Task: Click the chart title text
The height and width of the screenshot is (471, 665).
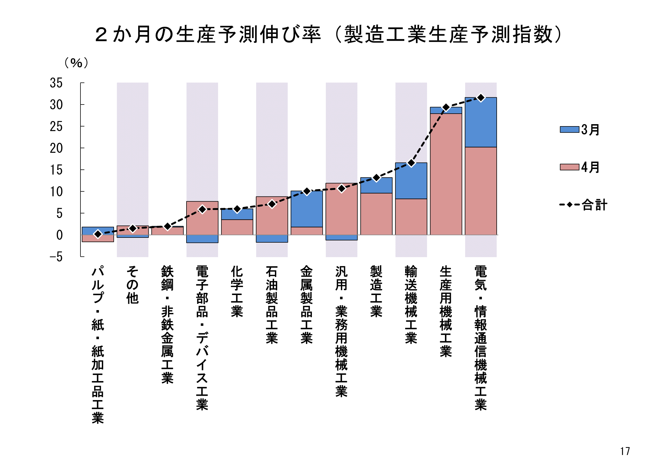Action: pyautogui.click(x=328, y=34)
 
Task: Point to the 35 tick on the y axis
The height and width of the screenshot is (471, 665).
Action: pyautogui.click(x=56, y=83)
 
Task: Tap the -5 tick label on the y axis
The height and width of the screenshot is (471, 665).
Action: pyautogui.click(x=56, y=257)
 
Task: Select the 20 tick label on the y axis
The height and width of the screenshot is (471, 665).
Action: pyautogui.click(x=56, y=148)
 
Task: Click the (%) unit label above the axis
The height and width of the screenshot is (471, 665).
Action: pyautogui.click(x=76, y=63)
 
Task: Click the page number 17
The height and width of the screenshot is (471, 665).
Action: pyautogui.click(x=625, y=451)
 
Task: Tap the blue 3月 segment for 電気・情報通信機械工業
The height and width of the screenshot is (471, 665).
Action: pyautogui.click(x=481, y=122)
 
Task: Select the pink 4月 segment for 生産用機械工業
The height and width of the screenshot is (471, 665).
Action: pyautogui.click(x=446, y=174)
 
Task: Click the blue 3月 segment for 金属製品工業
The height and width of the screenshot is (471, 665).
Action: pyautogui.click(x=307, y=209)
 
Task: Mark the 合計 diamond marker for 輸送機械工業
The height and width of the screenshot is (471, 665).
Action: pyautogui.click(x=411, y=163)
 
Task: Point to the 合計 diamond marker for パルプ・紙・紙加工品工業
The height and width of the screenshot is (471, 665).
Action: pyautogui.click(x=98, y=234)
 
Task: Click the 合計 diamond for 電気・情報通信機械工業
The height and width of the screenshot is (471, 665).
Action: pyautogui.click(x=481, y=98)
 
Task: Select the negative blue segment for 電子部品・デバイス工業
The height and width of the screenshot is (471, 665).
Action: pyautogui.click(x=202, y=239)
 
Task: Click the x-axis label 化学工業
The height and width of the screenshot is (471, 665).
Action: pyautogui.click(x=237, y=292)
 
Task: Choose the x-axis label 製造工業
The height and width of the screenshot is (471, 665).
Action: pyautogui.click(x=376, y=292)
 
